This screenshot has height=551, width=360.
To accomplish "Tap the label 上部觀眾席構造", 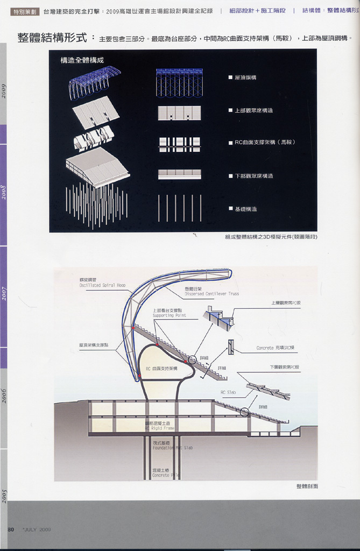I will click(x=253, y=110).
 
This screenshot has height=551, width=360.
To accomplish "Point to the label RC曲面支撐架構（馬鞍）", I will click(x=265, y=143).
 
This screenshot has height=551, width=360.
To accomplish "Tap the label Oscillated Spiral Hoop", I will click(x=102, y=285).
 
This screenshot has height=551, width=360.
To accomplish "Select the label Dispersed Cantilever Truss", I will click(x=211, y=294).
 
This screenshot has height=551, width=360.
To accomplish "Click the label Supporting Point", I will click(x=169, y=315).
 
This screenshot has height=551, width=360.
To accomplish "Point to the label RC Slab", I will click(x=228, y=392).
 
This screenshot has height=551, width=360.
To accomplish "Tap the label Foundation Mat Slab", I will click(x=172, y=448).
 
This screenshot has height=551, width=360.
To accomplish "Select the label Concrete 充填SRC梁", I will click(x=277, y=348).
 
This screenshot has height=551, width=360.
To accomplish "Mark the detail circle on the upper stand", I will click(x=192, y=359).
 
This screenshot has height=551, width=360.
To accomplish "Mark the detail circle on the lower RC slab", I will click(x=245, y=413).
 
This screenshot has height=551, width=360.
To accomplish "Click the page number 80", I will click(x=11, y=529).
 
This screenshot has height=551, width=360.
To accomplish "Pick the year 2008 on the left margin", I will click(x=4, y=192).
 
